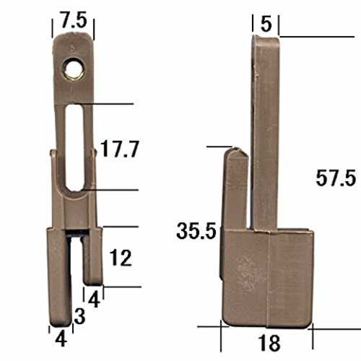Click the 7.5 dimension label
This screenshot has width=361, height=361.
click(x=74, y=20)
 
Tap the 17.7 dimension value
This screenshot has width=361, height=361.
click(x=120, y=149)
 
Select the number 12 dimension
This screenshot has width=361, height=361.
click(x=121, y=258)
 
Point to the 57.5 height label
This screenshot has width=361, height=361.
click(x=336, y=178)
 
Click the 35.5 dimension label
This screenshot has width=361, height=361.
click(x=196, y=231)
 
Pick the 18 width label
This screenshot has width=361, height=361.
click(x=269, y=343)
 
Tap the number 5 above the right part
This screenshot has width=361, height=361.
click(x=266, y=24)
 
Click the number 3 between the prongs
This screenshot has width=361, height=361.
click(x=79, y=316)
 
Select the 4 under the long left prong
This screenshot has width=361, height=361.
click(x=61, y=339)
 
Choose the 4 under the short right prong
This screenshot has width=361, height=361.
click(x=94, y=300)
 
